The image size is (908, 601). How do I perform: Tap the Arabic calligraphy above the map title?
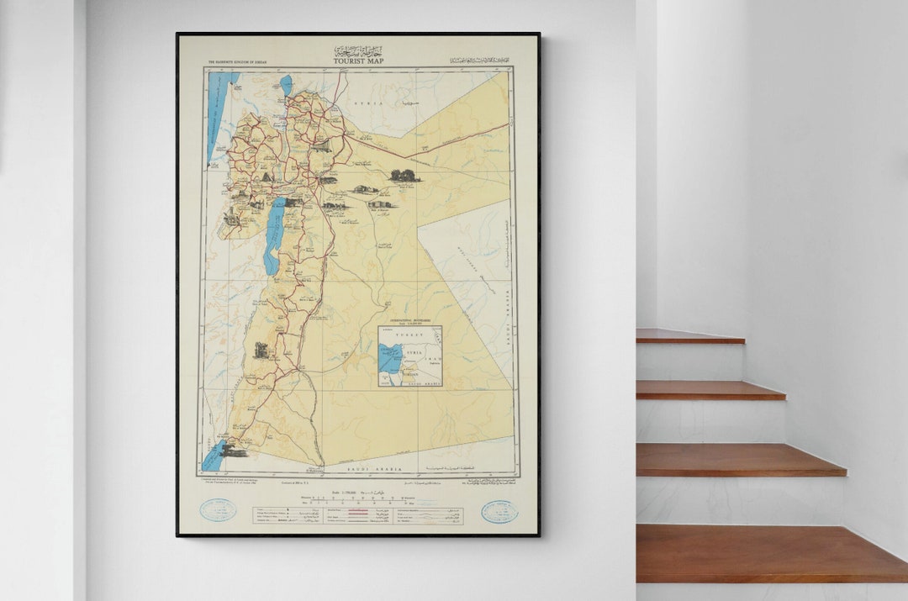[x=356, y=50]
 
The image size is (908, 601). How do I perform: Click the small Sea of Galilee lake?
[x=286, y=84]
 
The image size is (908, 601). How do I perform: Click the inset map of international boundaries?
[x=409, y=356]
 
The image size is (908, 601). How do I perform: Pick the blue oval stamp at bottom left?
[x=219, y=510]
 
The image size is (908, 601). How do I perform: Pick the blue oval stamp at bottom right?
[x=499, y=511]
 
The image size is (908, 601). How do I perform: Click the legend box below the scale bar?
[x=358, y=515]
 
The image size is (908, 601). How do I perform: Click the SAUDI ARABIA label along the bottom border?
[x=383, y=468]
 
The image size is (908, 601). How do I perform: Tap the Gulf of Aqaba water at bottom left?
[x=212, y=458]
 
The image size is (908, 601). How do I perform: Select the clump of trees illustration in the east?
[x=404, y=175]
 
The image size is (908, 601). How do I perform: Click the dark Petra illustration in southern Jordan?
[x=261, y=350]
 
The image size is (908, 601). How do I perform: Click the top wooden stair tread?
[x=689, y=336]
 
